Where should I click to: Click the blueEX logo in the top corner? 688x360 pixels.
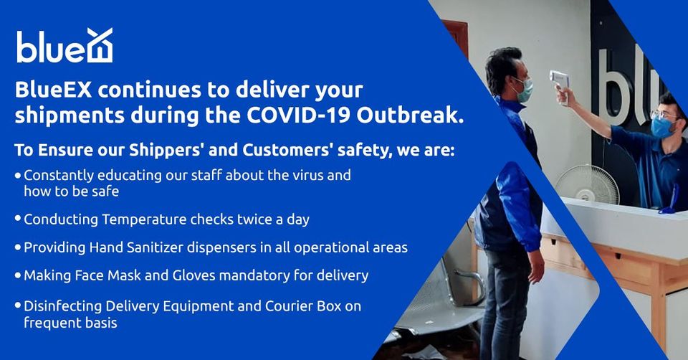64,46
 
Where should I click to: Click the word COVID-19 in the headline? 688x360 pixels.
298,115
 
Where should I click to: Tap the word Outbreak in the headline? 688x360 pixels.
410,115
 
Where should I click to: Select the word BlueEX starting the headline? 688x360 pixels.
53,90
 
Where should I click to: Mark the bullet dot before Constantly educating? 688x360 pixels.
17,176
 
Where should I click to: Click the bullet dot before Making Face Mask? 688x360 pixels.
17,276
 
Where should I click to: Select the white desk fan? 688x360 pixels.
587,184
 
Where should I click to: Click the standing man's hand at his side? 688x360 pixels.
536,266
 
